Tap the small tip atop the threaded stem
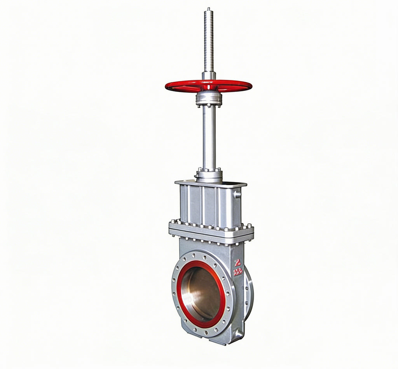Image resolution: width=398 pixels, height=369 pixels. [208, 9]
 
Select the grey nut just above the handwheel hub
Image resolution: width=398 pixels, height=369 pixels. [209, 76]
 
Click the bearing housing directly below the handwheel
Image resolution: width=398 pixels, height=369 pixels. [209, 99]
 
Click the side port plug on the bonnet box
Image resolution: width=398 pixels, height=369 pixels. [237, 194]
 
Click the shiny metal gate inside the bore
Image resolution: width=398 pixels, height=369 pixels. [200, 294]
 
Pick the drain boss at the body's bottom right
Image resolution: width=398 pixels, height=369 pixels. [238, 334]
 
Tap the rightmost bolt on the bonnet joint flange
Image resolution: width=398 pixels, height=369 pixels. [249, 226]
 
